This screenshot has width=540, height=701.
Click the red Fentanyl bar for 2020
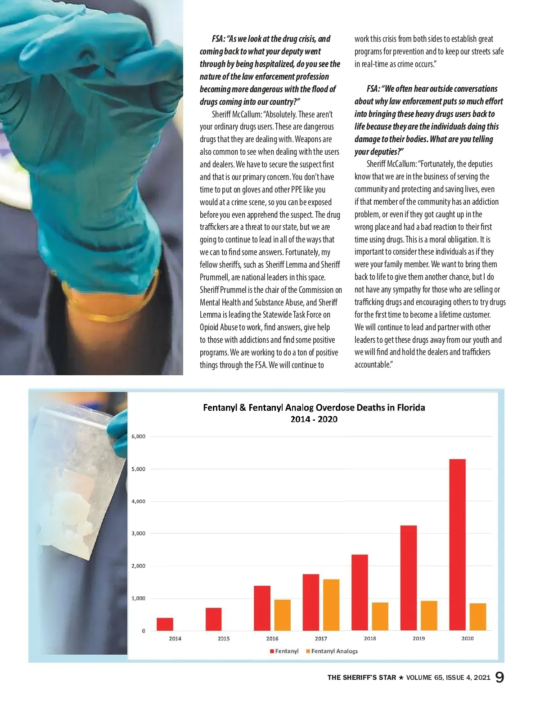pyautogui.click(x=457, y=544)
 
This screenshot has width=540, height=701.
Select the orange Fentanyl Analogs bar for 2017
pyautogui.click(x=331, y=605)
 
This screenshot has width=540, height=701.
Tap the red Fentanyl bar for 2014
pyautogui.click(x=165, y=624)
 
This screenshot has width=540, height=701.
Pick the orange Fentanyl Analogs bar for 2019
pyautogui.click(x=429, y=616)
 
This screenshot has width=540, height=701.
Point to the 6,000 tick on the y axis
pyautogui.click(x=138, y=436)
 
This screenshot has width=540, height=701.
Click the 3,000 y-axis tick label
pyautogui.click(x=138, y=534)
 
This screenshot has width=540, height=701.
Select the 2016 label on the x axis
pyautogui.click(x=272, y=638)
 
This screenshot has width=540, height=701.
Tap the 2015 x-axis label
pyautogui.click(x=224, y=638)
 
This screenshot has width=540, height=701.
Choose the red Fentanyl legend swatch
pyautogui.click(x=272, y=651)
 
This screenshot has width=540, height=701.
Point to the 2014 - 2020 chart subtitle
pyautogui.click(x=314, y=419)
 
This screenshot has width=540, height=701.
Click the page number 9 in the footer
pyautogui.click(x=499, y=677)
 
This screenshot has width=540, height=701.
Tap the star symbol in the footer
pyautogui.click(x=401, y=678)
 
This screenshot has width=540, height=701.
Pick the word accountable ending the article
pyautogui.click(x=372, y=365)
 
